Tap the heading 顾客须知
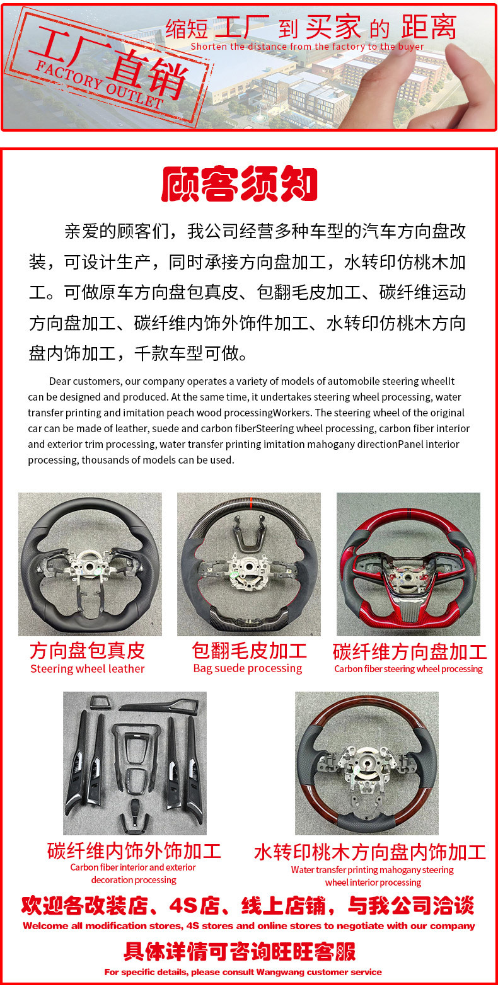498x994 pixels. [240, 184]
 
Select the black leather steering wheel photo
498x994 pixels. [90, 564]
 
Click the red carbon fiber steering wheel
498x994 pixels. [408, 564]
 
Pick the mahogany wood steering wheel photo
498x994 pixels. [367, 763]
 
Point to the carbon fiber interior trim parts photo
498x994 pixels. [135, 763]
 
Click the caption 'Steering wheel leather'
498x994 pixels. [88, 669]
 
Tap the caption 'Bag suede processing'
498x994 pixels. [248, 668]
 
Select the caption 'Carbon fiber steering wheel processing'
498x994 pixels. [408, 669]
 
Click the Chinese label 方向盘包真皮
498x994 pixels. [88, 651]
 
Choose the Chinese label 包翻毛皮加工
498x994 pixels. [249, 651]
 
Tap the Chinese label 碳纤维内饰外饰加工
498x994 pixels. [134, 851]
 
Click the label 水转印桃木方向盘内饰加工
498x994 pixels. [370, 852]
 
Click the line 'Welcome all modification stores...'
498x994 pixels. [249, 926]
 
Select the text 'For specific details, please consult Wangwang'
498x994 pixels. [243, 972]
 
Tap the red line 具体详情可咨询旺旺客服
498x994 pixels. [240, 951]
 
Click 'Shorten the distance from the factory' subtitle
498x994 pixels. [307, 47]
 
